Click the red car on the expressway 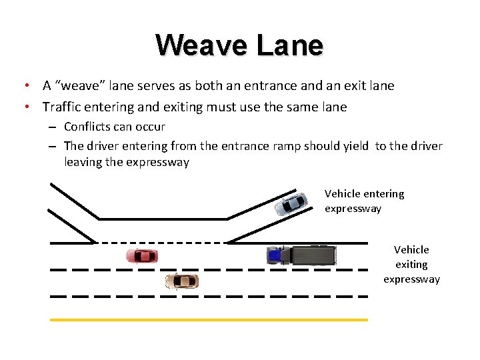tap(142, 255)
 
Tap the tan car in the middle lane tap(181, 281)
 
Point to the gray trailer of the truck tap(313, 255)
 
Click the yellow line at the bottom tap(209, 320)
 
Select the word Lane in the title tap(290, 45)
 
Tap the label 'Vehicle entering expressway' tap(364, 201)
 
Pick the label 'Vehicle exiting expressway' tap(411, 264)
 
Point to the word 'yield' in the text tap(356, 146)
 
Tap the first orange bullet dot tap(25, 86)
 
